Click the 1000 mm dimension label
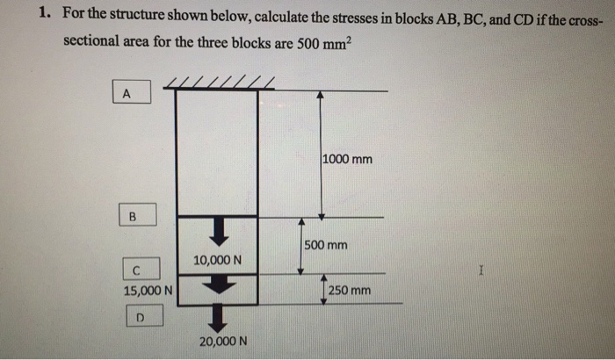pos(347,160)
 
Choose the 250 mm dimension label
pos(349,290)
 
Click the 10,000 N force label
pos(217,261)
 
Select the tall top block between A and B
pos(216,151)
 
